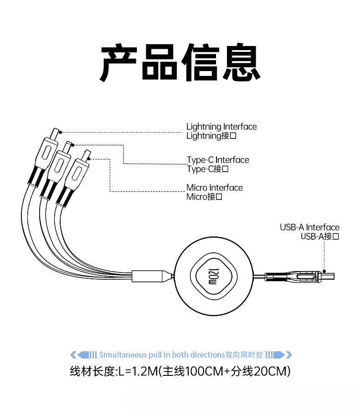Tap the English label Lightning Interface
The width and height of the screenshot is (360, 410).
[221, 127]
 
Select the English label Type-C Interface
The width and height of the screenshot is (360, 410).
[218, 160]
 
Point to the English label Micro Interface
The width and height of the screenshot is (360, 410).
[215, 188]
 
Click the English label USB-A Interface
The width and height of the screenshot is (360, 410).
[309, 227]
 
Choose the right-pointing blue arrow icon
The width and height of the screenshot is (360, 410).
[279, 355]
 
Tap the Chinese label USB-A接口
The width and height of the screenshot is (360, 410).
[320, 236]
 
